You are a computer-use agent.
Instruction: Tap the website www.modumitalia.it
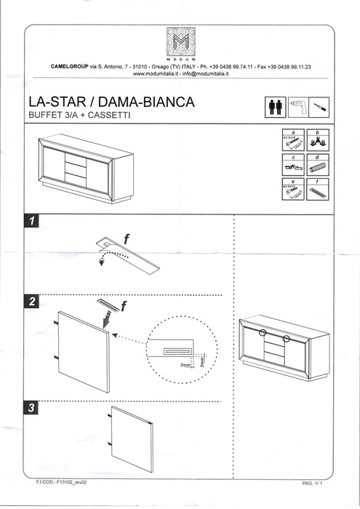click(x=157, y=73)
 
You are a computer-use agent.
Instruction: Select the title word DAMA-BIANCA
click(x=153, y=103)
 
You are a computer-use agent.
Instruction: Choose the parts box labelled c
click(x=292, y=166)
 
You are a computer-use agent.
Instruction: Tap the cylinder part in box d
click(x=319, y=169)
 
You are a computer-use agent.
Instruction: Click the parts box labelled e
click(x=292, y=192)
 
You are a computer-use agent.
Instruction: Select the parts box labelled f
click(x=319, y=192)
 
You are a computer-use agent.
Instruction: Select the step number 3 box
click(x=31, y=409)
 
